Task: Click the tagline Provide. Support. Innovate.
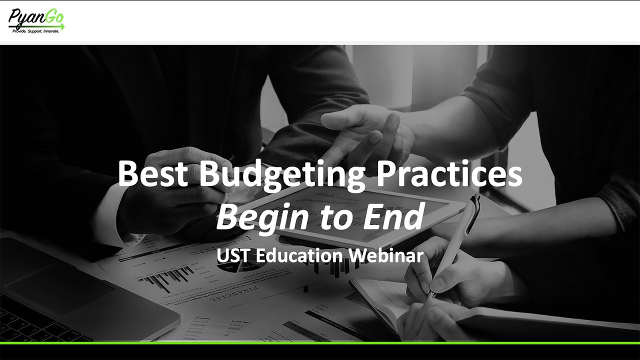coord(36,31)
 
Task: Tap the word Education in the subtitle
coord(300,255)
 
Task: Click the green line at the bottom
coord(320,342)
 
